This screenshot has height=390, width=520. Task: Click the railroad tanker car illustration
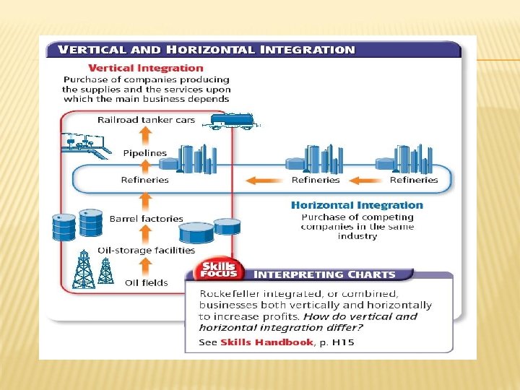click(x=231, y=121)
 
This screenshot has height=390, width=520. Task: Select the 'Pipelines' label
click(x=144, y=153)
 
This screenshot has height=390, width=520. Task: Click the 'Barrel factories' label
click(x=146, y=218)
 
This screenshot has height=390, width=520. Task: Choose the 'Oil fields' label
click(x=146, y=282)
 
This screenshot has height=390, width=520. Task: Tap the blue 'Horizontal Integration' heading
click(x=357, y=205)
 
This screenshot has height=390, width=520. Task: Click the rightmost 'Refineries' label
click(x=414, y=180)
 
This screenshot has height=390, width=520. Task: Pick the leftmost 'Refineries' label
click(x=144, y=180)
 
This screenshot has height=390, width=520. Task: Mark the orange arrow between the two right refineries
click(x=367, y=180)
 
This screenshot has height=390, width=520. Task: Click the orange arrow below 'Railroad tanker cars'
click(x=145, y=136)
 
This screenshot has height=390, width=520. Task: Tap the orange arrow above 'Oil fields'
click(x=145, y=266)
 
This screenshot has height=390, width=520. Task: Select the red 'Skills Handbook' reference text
click(x=266, y=342)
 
